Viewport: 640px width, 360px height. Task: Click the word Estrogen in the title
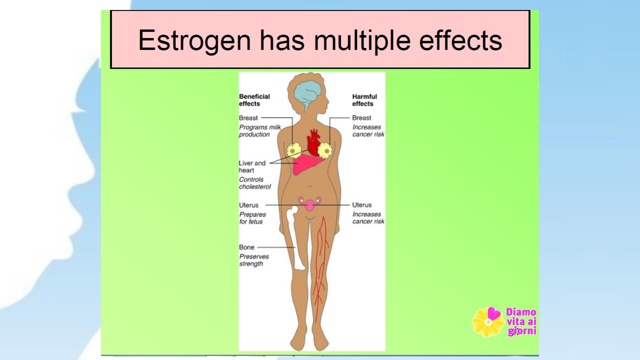point(194,40)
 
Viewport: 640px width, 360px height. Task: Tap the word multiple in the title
point(362,40)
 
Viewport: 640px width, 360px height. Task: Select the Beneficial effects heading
point(254,100)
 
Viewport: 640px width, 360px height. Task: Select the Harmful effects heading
point(364,100)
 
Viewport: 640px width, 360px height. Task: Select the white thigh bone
point(296,238)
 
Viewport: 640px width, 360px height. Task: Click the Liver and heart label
point(252,166)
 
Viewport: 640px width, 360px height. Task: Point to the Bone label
point(246,247)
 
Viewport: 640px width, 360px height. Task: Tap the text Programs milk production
point(260,130)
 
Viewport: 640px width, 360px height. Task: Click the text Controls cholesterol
point(255,183)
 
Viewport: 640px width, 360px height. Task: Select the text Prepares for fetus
point(252,218)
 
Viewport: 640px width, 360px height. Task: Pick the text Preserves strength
point(254,260)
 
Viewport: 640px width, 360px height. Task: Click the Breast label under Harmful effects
point(361,117)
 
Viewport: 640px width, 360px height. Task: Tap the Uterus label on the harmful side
point(361,205)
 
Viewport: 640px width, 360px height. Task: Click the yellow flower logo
point(488,322)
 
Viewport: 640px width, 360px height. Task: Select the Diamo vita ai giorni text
point(521,321)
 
